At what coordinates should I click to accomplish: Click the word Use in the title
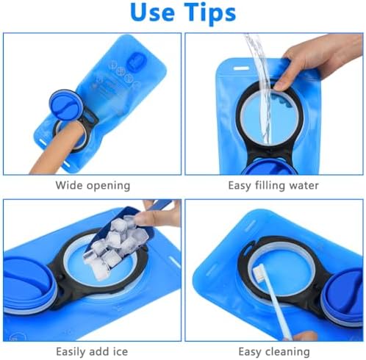[152, 12]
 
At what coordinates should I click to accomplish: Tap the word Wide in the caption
[69, 185]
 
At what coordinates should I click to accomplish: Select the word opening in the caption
[108, 187]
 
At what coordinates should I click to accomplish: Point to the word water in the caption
[304, 186]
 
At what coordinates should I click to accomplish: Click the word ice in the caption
[120, 352]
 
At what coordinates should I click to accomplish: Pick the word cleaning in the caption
[288, 353]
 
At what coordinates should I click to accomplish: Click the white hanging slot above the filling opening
[241, 68]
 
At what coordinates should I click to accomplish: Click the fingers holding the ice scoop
[157, 215]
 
